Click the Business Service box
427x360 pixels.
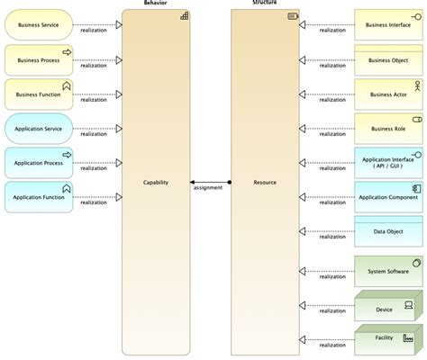pos(39,25)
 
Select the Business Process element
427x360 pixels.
pos(39,59)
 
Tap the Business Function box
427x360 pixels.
pos(39,94)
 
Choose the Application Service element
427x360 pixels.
pos(39,129)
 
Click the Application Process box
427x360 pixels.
pos(39,163)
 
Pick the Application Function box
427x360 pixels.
pos(39,197)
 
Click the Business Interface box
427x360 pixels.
pos(388,25)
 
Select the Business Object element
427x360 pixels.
pos(388,59)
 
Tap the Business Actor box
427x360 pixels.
pos(388,94)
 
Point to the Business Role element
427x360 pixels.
pos(388,129)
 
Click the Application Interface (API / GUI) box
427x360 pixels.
pos(388,163)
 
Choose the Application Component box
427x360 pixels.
pos(388,196)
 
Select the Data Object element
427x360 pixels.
pos(388,231)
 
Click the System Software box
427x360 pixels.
pos(388,271)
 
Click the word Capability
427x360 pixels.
pos(156,182)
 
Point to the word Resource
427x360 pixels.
pos(265,182)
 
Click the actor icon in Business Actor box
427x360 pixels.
pos(416,85)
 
